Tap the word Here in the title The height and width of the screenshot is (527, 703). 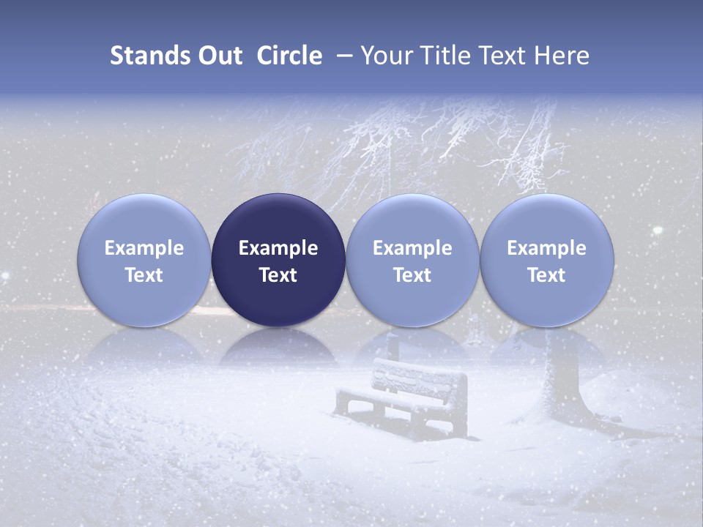click(x=562, y=56)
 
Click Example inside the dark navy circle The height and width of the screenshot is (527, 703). click(x=278, y=248)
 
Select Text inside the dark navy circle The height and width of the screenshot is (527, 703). click(x=278, y=275)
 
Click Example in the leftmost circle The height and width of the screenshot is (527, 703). click(x=144, y=248)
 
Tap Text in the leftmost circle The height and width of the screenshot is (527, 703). click(x=144, y=275)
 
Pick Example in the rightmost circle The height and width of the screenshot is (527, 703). click(x=546, y=248)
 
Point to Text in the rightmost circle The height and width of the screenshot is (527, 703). click(x=546, y=275)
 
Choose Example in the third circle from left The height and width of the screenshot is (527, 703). click(x=412, y=248)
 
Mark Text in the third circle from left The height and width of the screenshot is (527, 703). click(x=412, y=275)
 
